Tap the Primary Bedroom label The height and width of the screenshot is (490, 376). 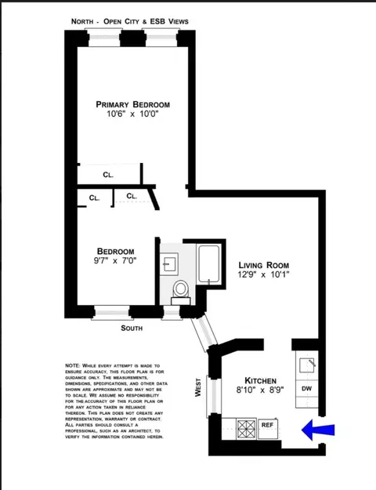[132, 104]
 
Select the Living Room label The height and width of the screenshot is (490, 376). [265, 265]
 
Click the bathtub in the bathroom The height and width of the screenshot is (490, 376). [209, 265]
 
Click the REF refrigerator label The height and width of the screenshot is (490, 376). [266, 426]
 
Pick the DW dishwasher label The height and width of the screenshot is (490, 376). [306, 389]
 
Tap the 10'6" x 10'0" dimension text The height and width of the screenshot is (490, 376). [132, 115]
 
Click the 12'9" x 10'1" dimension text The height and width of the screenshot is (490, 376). [265, 276]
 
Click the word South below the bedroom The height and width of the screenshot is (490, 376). [132, 328]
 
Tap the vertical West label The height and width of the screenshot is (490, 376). [197, 388]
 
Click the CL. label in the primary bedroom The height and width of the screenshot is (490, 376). [108, 175]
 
